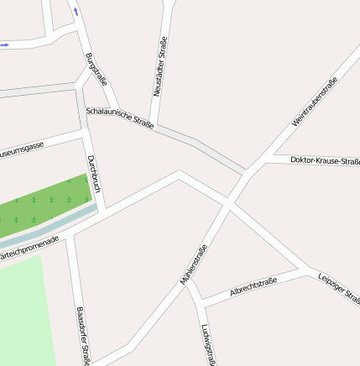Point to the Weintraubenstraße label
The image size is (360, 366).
pos(315,102)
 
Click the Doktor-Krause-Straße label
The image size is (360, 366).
pos(325,160)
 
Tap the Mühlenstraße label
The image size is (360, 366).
pos(194,264)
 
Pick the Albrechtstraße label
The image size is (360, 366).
pos(253,286)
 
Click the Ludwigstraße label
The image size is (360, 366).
pos(209,345)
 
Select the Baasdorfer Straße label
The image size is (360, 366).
pos(82,336)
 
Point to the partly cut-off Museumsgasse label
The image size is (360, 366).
pos(22,151)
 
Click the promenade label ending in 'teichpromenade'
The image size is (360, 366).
pos(29,249)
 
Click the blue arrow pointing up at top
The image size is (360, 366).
pos(76,11)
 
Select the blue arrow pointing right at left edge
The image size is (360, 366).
pos(5,44)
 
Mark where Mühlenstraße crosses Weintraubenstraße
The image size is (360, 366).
pos(227,203)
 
